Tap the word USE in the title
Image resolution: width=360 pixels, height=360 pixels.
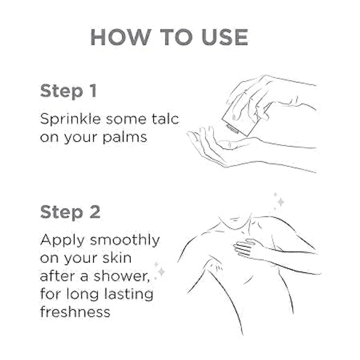[225, 37]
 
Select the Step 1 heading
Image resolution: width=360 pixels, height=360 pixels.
[68, 91]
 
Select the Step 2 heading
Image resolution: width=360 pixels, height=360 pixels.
[70, 212]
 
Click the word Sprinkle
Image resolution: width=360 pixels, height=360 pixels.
[70, 120]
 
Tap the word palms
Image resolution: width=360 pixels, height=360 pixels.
[125, 138]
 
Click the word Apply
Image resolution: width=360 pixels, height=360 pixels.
[62, 241]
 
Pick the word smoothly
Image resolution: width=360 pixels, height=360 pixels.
[125, 241]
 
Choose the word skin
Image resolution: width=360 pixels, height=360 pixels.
[117, 257]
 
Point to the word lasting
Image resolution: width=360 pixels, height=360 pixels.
[128, 295]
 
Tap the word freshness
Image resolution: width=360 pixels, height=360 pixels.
[75, 311]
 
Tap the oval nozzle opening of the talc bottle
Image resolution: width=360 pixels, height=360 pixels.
[233, 129]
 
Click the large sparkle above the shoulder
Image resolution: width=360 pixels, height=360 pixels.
[281, 202]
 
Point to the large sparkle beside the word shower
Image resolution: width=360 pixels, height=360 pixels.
[161, 271]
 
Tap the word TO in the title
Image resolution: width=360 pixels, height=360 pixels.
[176, 37]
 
